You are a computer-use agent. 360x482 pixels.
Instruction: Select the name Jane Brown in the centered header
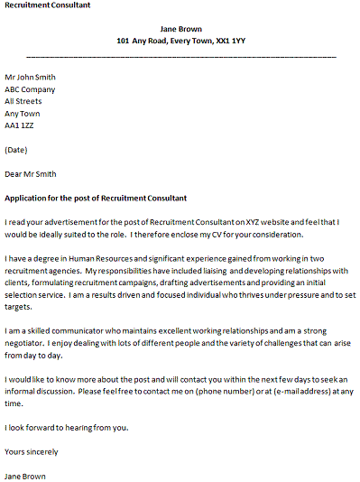coord(180,29)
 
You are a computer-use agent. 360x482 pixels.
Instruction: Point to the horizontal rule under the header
coord(180,57)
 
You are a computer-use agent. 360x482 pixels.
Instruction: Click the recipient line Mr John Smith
coord(30,78)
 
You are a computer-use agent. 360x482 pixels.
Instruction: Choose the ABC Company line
coord(30,89)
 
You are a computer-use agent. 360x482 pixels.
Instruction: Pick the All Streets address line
coord(23,102)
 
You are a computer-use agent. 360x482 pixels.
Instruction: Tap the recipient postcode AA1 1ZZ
coord(23,126)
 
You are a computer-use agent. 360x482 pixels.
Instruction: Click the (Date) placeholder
coord(16,150)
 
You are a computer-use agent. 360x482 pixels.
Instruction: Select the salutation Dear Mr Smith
coord(31,174)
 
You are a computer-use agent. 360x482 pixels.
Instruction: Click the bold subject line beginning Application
coord(96,198)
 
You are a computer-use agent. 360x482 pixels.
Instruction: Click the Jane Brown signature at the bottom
coord(25,476)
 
